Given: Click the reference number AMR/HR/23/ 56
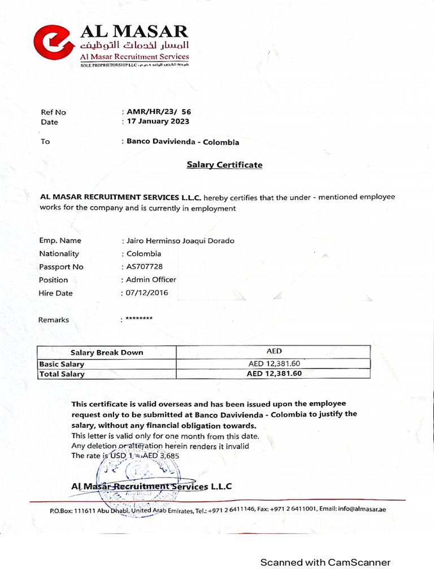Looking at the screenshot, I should tap(159, 112).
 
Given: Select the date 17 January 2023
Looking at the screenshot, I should tap(158, 121).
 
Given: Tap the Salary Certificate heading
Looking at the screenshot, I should tap(225, 165).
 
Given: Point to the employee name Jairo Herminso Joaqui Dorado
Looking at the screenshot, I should tap(180, 240).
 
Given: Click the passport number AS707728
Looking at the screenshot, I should tap(144, 266).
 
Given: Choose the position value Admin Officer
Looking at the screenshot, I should tap(151, 279).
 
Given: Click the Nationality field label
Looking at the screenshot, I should tap(59, 253).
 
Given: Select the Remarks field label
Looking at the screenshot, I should tap(54, 319).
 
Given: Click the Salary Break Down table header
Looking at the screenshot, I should tap(107, 352).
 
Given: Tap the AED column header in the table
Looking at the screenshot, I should tap(274, 351).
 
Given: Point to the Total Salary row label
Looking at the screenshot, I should tap(62, 374).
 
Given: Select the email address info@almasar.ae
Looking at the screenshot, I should tap(362, 509).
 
